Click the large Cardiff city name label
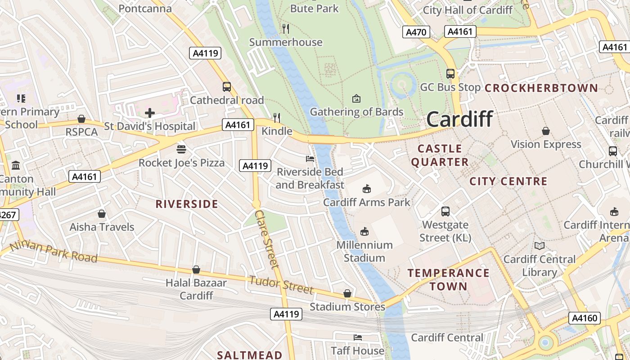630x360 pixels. pyautogui.click(x=459, y=119)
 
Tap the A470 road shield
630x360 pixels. pyautogui.click(x=416, y=32)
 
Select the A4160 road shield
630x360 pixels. pyautogui.click(x=585, y=318)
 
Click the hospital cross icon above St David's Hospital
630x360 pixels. pyautogui.click(x=150, y=113)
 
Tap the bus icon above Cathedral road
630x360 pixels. pyautogui.click(x=227, y=87)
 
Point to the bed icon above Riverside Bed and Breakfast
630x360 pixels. pyautogui.click(x=310, y=159)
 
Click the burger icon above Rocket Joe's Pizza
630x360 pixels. pyautogui.click(x=181, y=149)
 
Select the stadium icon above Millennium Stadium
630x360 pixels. pyautogui.click(x=364, y=232)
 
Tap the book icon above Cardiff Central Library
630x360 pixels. pyautogui.click(x=539, y=246)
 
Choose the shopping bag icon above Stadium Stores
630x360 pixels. pyautogui.click(x=347, y=294)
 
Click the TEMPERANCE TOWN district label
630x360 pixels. pyautogui.click(x=448, y=279)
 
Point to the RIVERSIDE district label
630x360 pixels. pyautogui.click(x=187, y=204)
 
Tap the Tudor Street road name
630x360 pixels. pyautogui.click(x=281, y=285)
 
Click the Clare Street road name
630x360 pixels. pyautogui.click(x=267, y=239)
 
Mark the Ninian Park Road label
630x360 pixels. pyautogui.click(x=53, y=251)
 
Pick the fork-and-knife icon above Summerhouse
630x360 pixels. pyautogui.click(x=286, y=29)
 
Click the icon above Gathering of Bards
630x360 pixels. pyautogui.click(x=356, y=98)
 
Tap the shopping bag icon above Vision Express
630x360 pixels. pyautogui.click(x=546, y=131)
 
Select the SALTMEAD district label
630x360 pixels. pyautogui.click(x=250, y=355)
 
